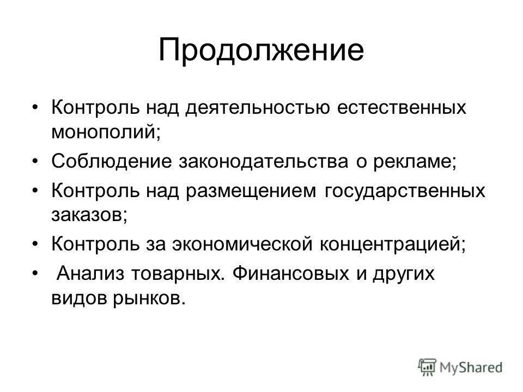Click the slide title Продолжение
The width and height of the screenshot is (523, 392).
tap(261, 50)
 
